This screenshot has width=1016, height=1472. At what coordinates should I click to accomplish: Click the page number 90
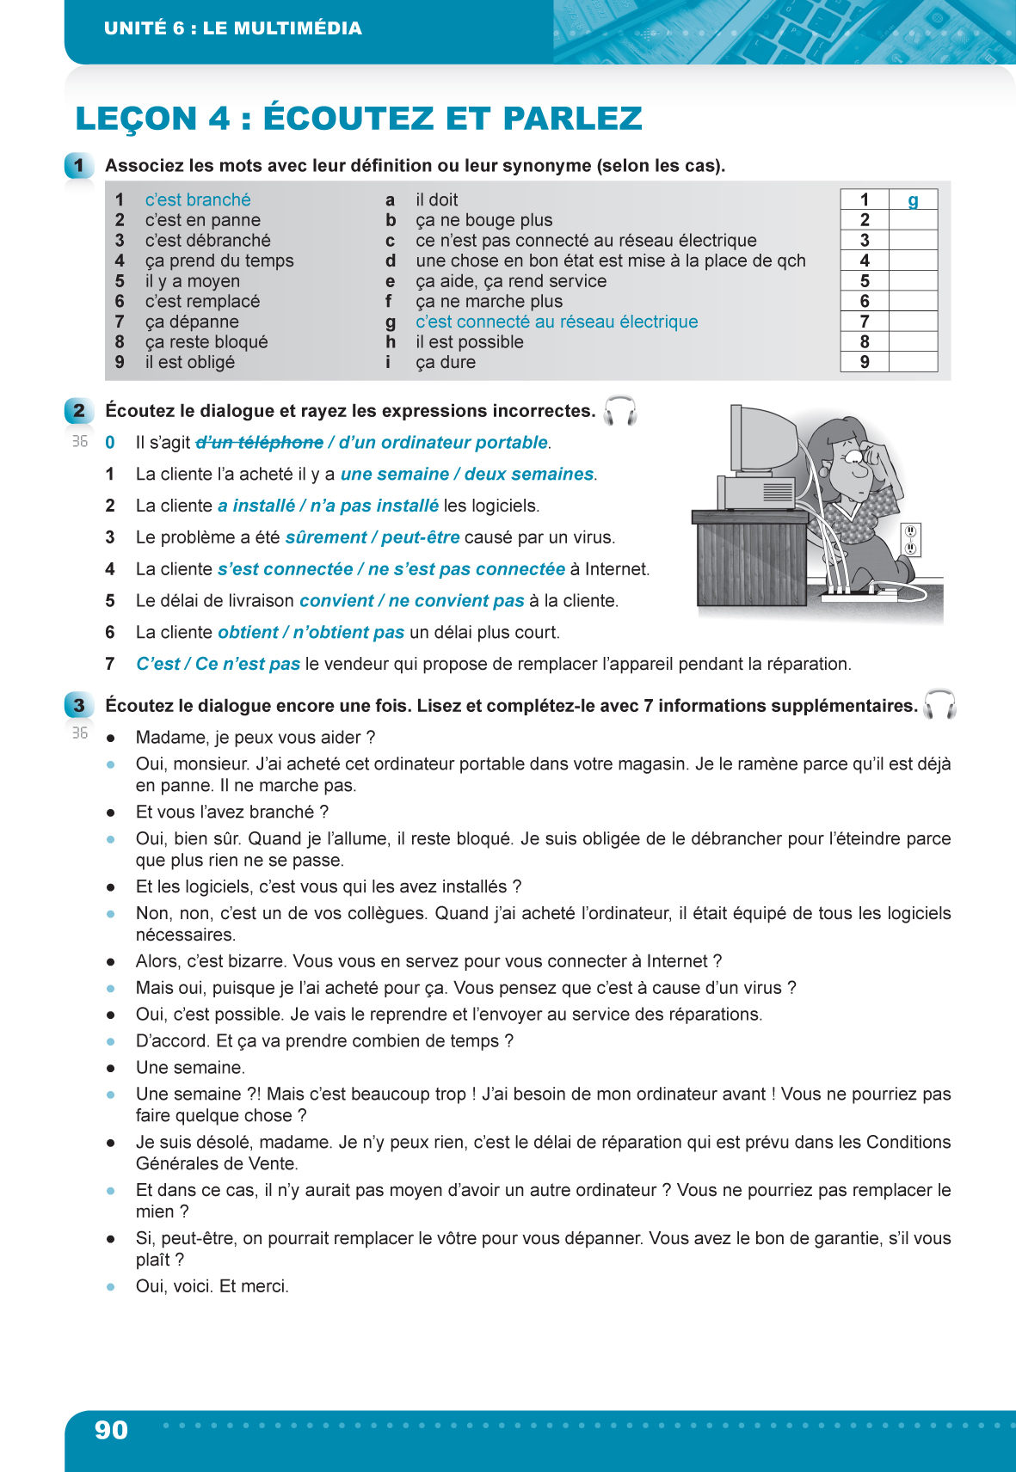click(x=111, y=1430)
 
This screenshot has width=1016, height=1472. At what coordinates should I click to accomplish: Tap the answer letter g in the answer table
click(x=913, y=201)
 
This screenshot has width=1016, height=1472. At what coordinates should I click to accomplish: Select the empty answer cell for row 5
click(x=913, y=281)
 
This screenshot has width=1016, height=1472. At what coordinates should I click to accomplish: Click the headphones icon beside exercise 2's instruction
click(x=619, y=411)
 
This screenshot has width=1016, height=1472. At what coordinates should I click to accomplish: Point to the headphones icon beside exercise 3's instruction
click(x=939, y=705)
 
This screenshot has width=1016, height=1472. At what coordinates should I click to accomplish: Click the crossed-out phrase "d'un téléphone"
click(x=260, y=443)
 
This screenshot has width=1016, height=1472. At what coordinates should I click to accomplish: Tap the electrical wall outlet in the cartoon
click(x=910, y=539)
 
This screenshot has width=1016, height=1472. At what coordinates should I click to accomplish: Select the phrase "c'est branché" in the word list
click(x=198, y=200)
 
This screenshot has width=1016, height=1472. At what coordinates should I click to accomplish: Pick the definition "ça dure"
click(x=446, y=363)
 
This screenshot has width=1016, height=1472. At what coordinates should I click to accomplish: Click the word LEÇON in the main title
click(x=137, y=119)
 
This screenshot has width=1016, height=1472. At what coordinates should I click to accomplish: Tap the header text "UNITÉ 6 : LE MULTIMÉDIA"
click(x=233, y=28)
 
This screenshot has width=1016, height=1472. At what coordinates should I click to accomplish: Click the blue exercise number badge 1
click(x=78, y=165)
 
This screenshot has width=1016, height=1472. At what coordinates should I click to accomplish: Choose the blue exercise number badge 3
click(x=78, y=706)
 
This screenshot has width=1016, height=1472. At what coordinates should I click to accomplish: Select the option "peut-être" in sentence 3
click(x=420, y=537)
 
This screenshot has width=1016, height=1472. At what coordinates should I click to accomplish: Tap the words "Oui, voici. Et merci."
click(x=212, y=1286)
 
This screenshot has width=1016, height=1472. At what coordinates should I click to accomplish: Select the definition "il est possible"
click(x=470, y=342)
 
